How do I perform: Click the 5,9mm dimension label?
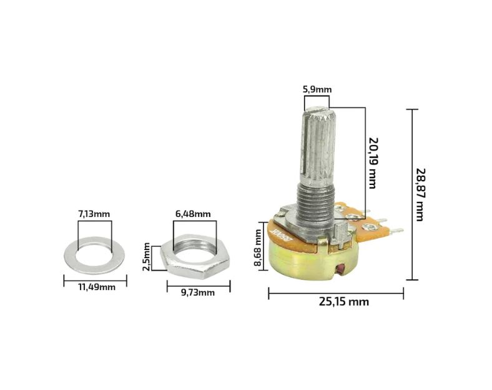point(317,90)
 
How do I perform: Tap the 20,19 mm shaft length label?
point(373,163)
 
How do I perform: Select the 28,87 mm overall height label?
point(420,194)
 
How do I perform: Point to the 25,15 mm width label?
point(344,302)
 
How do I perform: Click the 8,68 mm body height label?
point(258,247)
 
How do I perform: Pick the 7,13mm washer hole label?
point(94,214)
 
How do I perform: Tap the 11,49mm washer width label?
point(97,287)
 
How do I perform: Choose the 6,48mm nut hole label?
point(193,214)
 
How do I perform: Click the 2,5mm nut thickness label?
point(147,256)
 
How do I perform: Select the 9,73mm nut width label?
point(198,292)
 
